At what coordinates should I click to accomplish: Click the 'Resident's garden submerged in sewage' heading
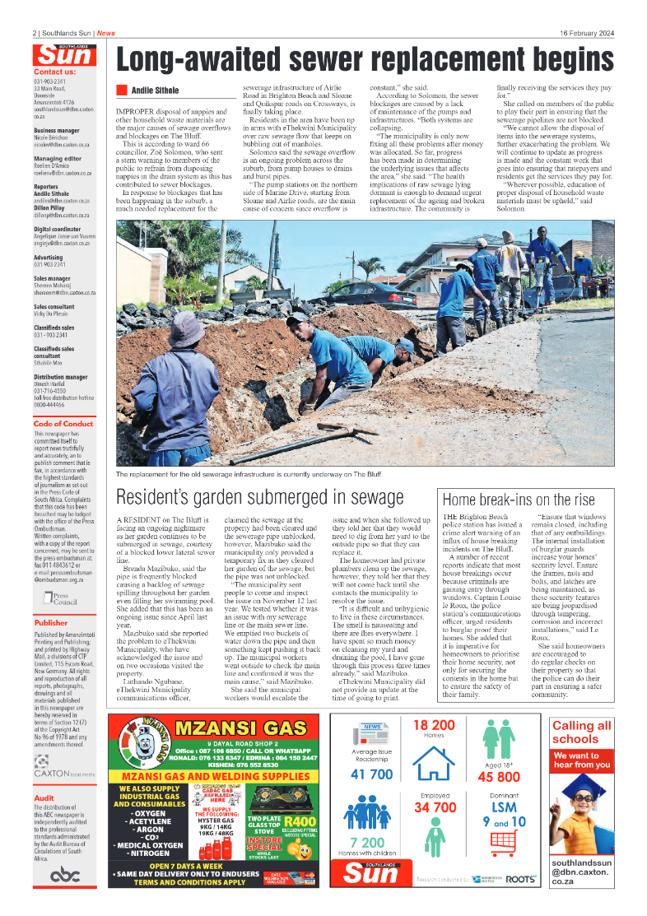click(260, 497)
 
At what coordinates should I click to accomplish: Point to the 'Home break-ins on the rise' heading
click(519, 500)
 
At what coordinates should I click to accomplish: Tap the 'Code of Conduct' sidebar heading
click(63, 424)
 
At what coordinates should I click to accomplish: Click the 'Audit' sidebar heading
click(44, 797)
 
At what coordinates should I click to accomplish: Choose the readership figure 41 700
click(371, 774)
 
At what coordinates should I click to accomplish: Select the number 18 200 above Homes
click(434, 725)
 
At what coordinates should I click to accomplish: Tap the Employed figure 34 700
click(435, 807)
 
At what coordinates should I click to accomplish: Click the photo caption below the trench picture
click(249, 475)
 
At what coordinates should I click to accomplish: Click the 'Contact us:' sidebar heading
click(55, 72)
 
